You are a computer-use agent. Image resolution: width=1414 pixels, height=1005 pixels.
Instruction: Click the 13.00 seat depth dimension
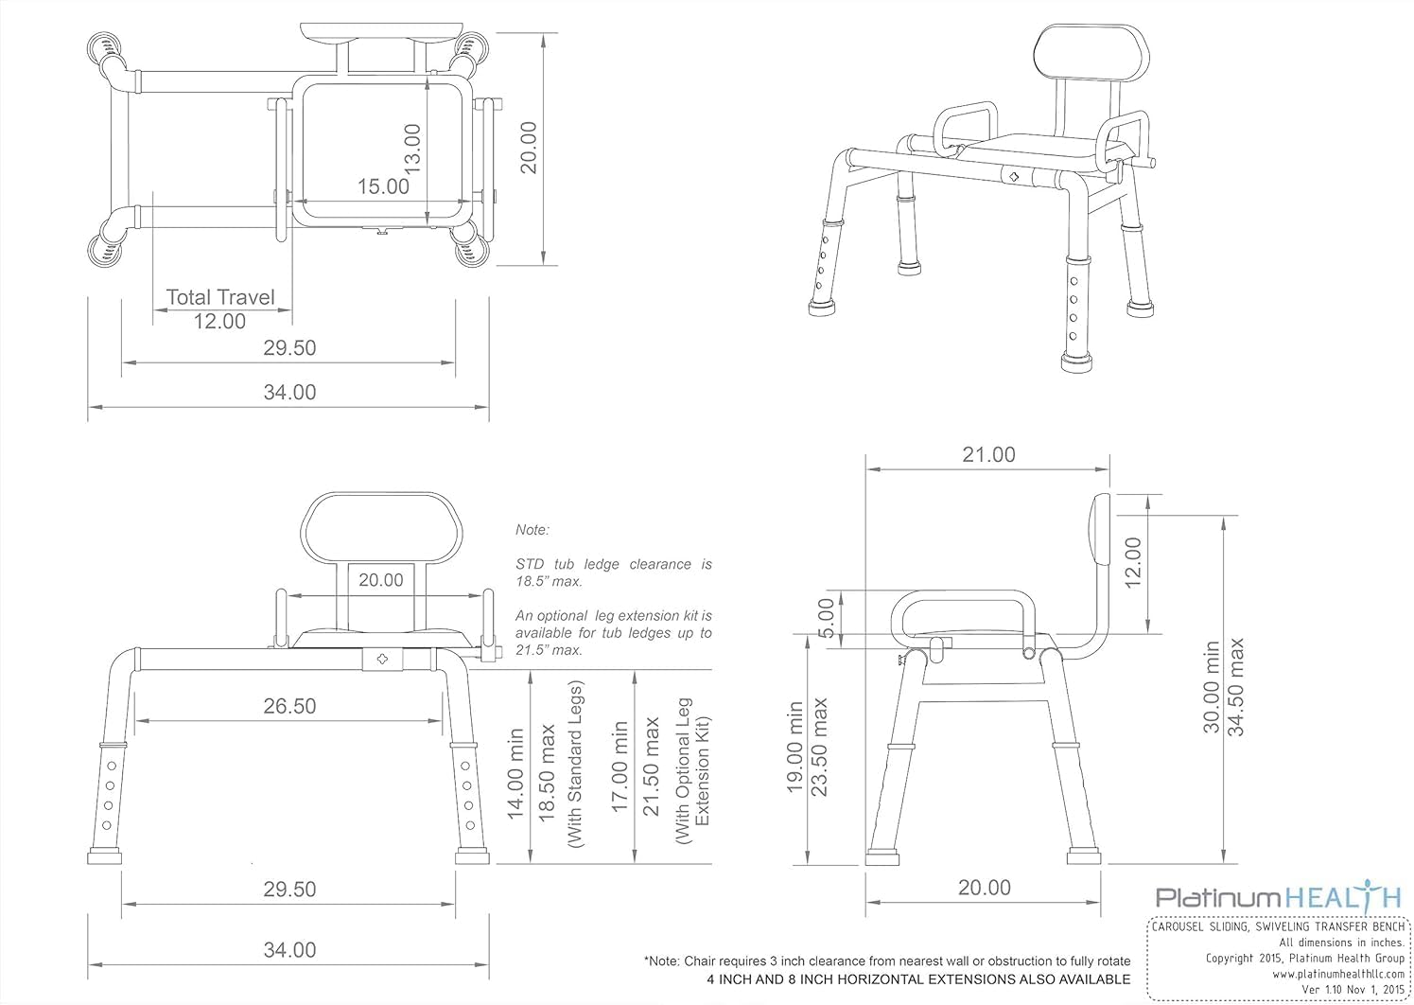click(x=411, y=149)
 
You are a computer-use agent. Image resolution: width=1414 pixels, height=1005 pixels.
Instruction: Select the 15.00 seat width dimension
click(x=383, y=186)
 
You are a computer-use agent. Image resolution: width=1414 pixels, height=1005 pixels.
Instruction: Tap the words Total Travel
click(x=220, y=297)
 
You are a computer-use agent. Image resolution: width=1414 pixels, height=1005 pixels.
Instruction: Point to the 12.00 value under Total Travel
click(x=219, y=322)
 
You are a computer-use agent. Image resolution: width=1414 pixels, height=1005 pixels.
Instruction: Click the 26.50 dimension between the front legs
click(x=289, y=706)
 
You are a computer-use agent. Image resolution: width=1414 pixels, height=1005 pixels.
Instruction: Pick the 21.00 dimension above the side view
click(x=988, y=455)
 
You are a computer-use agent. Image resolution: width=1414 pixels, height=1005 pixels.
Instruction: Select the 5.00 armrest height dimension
click(x=826, y=618)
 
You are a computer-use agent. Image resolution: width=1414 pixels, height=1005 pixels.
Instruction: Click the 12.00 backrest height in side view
click(x=1134, y=562)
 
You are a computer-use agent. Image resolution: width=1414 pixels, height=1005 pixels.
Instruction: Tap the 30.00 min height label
click(x=1212, y=687)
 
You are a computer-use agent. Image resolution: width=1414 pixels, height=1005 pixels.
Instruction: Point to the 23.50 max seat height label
click(x=819, y=747)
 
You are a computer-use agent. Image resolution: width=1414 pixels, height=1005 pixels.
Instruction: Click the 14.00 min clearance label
click(x=516, y=774)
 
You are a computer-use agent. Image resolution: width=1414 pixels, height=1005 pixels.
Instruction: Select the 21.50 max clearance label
click(x=651, y=767)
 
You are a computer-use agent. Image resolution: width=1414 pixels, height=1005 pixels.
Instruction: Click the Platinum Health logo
click(x=1278, y=897)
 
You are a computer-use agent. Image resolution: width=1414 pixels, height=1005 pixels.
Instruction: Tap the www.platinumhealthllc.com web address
click(x=1338, y=974)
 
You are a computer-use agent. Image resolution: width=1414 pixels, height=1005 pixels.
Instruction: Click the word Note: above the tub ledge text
click(x=532, y=530)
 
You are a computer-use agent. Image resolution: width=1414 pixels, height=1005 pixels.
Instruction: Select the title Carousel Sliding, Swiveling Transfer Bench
click(x=1279, y=926)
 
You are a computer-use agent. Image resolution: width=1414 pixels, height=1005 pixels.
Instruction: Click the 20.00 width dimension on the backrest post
click(x=380, y=580)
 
